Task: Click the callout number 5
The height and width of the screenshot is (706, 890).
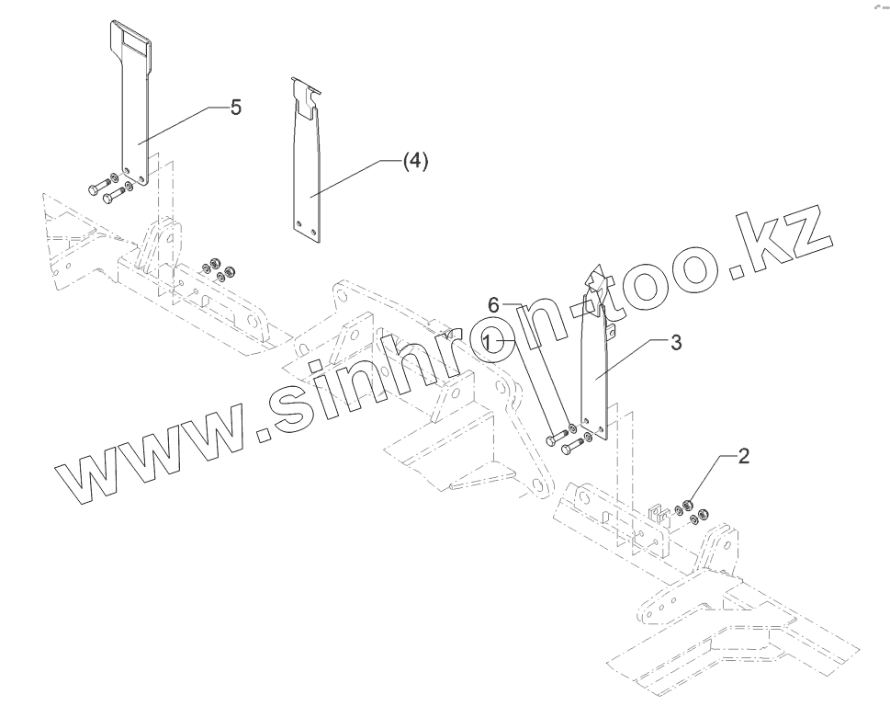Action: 236,108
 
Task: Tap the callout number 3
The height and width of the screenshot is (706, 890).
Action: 675,343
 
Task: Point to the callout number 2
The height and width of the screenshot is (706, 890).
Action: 743,456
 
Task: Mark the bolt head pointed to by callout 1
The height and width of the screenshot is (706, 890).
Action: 550,440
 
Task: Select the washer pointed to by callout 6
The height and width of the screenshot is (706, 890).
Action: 573,429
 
